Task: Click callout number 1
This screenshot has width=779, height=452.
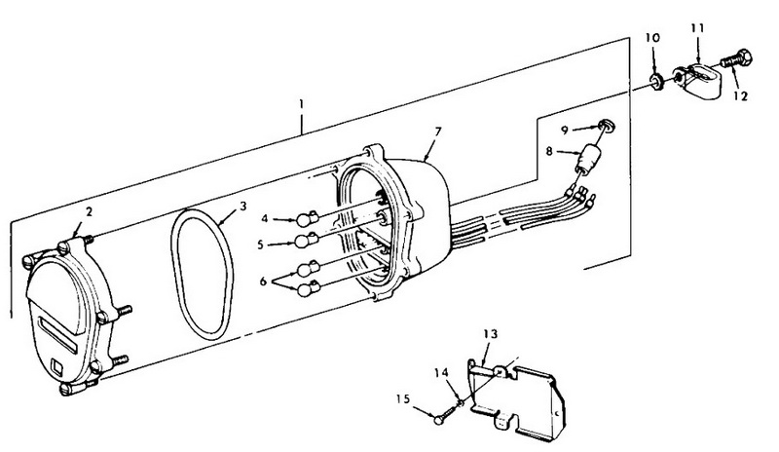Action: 301,105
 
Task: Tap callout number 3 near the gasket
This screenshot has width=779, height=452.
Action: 242,206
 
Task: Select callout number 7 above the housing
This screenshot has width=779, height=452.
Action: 437,132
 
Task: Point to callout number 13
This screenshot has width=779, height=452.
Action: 490,334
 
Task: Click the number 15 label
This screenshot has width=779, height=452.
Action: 403,398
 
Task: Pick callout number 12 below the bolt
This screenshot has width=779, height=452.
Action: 740,96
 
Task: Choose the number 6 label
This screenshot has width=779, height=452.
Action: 263,282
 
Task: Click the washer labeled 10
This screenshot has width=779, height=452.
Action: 656,82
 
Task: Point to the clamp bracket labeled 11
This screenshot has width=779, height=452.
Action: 696,80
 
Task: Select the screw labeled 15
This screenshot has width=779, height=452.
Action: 446,414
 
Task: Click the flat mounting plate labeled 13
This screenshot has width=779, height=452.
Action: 517,397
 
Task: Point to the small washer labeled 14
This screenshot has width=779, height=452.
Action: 461,401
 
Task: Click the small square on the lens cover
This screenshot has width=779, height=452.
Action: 56,366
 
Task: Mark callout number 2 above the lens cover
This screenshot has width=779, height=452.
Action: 89,211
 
